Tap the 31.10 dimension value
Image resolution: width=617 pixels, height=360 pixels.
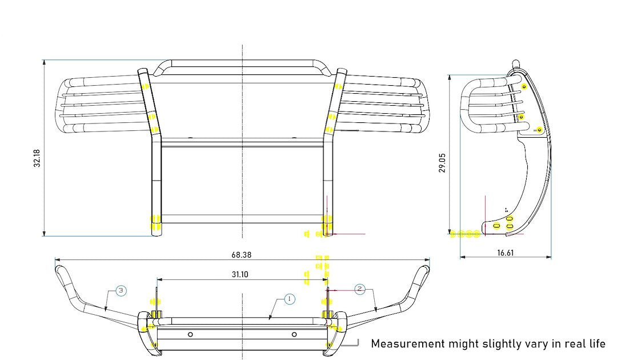(x=240, y=274)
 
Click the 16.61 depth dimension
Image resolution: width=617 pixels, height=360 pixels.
(x=505, y=252)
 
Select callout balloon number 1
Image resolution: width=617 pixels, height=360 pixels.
(x=289, y=299)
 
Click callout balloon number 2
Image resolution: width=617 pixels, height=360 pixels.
(x=359, y=289)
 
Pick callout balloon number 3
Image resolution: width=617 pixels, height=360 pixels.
(x=121, y=291)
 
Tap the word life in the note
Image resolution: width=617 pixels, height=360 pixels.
(x=595, y=343)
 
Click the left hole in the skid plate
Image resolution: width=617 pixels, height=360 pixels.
(x=190, y=334)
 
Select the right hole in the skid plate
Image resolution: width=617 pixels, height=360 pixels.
(x=294, y=334)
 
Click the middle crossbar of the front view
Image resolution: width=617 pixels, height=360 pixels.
(x=242, y=143)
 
